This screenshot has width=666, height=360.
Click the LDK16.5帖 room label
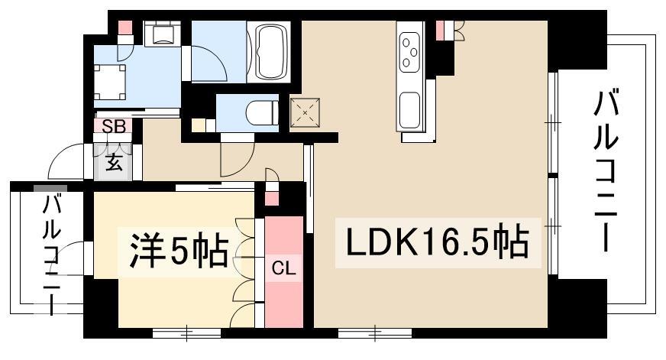coord(438,243)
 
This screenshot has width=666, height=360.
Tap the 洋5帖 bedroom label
coord(179,251)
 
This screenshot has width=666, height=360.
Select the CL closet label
coord(283,268)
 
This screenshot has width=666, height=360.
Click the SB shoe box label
coord(115,126)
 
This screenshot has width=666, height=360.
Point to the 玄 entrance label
coord(113,162)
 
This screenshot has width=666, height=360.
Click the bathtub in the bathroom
coord(269,51)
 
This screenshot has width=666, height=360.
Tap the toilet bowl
coord(262,112)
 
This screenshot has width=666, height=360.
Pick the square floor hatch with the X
coord(305,112)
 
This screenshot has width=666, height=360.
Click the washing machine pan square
coord(109,81)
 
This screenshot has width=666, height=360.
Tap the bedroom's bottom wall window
coord(186,332)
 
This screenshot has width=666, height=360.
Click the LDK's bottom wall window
coord(375,332)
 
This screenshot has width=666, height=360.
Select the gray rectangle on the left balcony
coord(50,188)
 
